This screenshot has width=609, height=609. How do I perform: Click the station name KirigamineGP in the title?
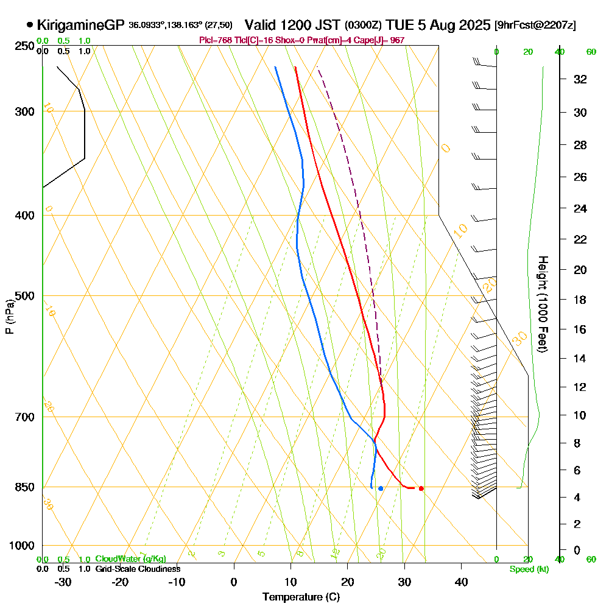click(x=80, y=25)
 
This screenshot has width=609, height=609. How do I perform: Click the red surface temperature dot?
click(x=421, y=488)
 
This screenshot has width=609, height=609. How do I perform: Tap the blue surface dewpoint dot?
click(x=381, y=488)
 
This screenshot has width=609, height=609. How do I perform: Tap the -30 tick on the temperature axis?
click(x=63, y=582)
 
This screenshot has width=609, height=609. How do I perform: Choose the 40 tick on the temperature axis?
click(x=462, y=582)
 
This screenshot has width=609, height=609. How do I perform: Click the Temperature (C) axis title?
click(x=301, y=597)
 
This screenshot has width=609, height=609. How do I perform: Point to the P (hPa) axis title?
click(x=9, y=317)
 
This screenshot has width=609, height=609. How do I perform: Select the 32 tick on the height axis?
click(x=580, y=79)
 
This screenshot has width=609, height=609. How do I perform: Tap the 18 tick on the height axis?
click(x=580, y=300)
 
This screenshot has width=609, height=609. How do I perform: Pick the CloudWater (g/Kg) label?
click(x=130, y=559)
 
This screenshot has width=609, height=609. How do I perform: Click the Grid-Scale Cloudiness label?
click(x=137, y=569)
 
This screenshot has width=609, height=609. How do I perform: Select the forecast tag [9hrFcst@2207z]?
click(x=536, y=26)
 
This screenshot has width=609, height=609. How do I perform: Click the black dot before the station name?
click(x=30, y=25)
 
